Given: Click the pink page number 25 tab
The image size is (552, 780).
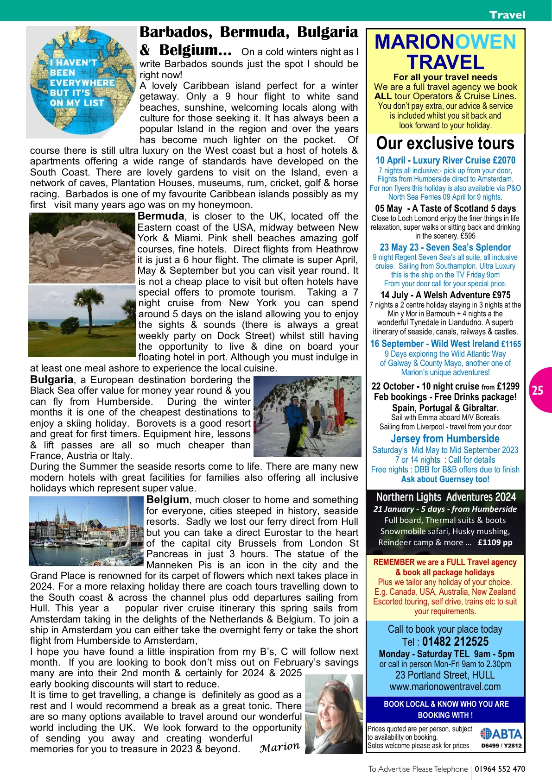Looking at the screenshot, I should (x=539, y=390).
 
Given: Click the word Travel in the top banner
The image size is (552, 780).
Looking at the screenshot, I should (x=507, y=15).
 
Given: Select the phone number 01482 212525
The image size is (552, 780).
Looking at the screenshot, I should (x=455, y=642).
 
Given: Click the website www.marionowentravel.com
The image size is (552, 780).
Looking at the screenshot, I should (x=445, y=686).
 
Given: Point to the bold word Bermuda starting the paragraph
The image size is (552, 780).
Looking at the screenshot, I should (x=161, y=216).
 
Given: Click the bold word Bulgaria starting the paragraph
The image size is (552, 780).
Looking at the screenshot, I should (x=51, y=380).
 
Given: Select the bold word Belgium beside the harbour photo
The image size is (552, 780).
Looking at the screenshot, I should (x=167, y=500).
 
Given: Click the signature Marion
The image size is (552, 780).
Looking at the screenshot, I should (x=279, y=747).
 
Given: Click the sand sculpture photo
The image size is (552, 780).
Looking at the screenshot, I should (x=82, y=248).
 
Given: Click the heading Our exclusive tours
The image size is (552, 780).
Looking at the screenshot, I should (x=445, y=143).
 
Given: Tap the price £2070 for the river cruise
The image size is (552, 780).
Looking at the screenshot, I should (x=504, y=160).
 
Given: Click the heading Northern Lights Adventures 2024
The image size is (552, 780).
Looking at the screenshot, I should (x=445, y=497).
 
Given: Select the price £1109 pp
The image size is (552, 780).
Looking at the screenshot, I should (x=495, y=542).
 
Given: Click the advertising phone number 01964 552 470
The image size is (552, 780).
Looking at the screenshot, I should (x=500, y=769).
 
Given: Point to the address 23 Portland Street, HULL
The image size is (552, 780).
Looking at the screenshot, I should (x=445, y=675).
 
